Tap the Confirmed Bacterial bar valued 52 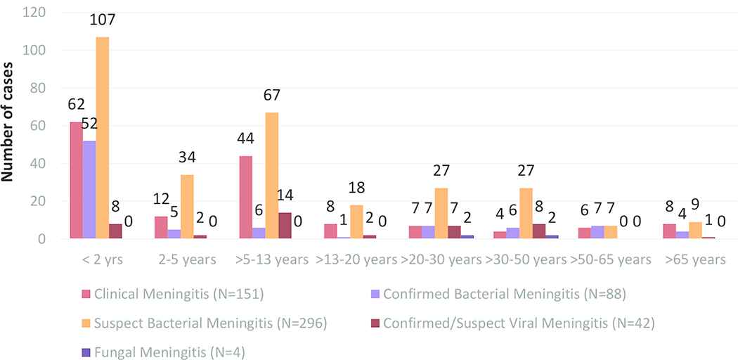(x=89, y=190)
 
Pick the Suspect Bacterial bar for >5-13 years (x=271, y=176)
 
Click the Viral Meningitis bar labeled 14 (x=285, y=226)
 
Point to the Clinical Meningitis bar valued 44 (x=245, y=198)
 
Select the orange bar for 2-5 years (x=187, y=207)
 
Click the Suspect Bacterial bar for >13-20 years (x=356, y=222)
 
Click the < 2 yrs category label (x=103, y=259)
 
